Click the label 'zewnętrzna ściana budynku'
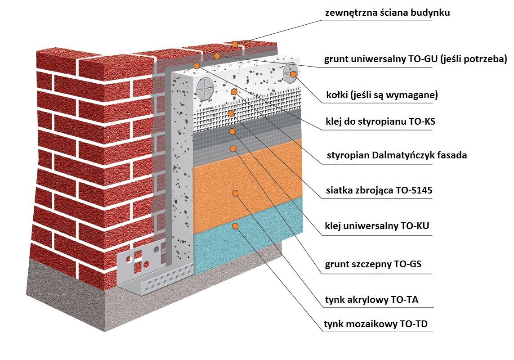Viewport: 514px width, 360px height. pyautogui.click(x=387, y=13)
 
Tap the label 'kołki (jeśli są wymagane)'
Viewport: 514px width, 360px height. pyautogui.click(x=381, y=95)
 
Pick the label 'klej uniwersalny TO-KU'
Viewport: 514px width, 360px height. pyautogui.click(x=376, y=226)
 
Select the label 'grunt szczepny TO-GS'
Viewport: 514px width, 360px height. pyautogui.click(x=373, y=264)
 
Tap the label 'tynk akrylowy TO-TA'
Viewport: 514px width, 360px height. pyautogui.click(x=371, y=299)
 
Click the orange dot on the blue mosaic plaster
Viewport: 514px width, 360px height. pyautogui.click(x=234, y=225)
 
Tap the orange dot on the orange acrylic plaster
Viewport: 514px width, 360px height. pyautogui.click(x=234, y=193)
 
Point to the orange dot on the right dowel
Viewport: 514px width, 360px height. pyautogui.click(x=293, y=74)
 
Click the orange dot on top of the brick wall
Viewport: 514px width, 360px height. pyautogui.click(x=235, y=44)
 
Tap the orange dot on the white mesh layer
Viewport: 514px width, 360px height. pyautogui.click(x=231, y=113)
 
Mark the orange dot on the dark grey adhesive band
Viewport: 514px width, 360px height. pyautogui.click(x=232, y=131)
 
